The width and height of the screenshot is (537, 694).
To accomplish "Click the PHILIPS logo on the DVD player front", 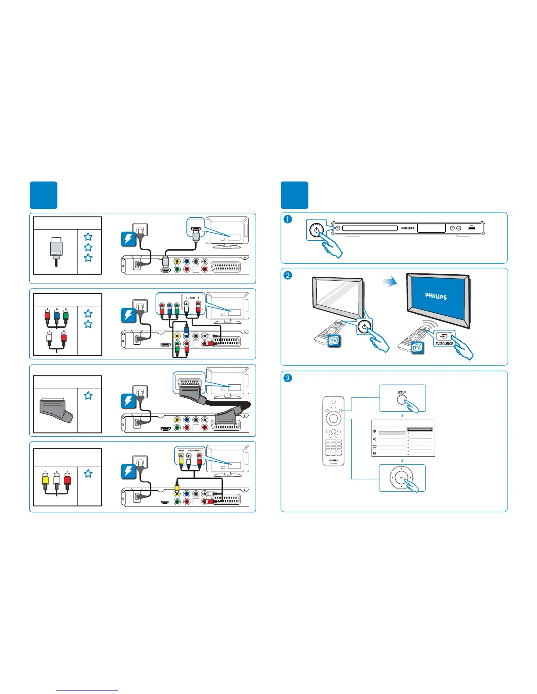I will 408,228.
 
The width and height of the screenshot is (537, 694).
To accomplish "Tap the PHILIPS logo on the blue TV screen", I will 436,296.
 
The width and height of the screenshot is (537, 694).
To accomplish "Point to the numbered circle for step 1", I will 287,220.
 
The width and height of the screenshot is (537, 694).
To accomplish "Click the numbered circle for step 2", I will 287,276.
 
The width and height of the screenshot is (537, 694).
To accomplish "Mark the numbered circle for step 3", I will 287,378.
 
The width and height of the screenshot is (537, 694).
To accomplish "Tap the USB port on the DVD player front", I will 472,228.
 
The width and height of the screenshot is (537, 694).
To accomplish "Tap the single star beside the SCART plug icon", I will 88,396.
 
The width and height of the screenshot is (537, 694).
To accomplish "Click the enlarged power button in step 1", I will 316,230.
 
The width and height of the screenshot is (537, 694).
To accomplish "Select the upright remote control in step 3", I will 333,431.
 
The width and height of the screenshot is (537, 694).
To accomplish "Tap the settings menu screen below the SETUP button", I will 403,439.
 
